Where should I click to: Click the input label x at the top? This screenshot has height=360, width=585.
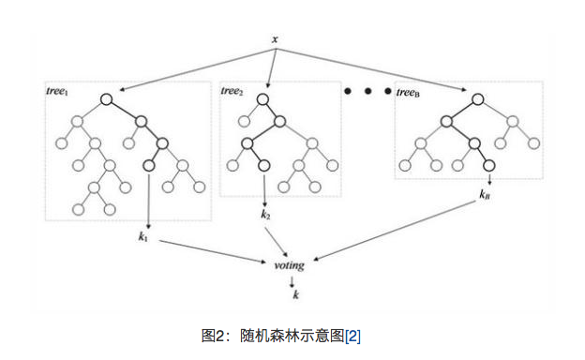click(274, 38)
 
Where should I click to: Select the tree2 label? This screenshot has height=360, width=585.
click(232, 91)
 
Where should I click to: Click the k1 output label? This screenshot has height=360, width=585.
click(142, 235)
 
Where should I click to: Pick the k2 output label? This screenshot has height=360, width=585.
click(265, 216)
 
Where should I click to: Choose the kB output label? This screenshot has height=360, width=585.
click(485, 195)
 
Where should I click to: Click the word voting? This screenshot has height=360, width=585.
click(289, 265)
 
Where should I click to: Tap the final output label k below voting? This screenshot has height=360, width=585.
click(295, 295)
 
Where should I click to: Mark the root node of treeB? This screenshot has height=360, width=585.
click(477, 97)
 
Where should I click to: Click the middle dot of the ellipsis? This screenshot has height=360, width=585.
click(368, 91)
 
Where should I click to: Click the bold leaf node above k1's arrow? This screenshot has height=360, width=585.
click(148, 165)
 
